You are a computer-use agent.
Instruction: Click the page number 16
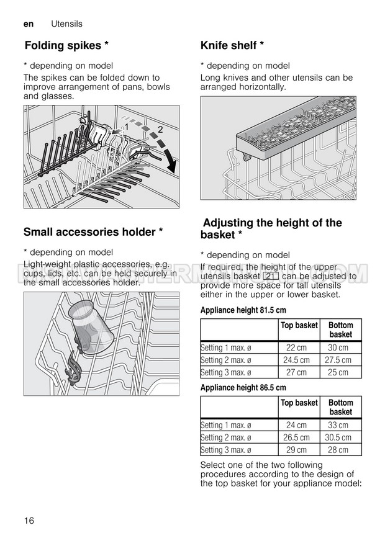click(29, 520)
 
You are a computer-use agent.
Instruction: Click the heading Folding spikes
click(66, 45)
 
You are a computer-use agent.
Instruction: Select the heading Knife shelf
click(232, 45)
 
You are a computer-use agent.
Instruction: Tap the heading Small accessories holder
click(93, 232)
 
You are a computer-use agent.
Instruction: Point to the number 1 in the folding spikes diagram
click(126, 127)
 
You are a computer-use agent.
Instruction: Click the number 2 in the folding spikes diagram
click(160, 130)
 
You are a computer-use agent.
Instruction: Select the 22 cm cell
click(297, 348)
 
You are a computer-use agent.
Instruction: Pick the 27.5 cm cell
click(338, 360)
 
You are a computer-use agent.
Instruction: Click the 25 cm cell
click(338, 372)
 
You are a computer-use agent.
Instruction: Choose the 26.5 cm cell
click(297, 437)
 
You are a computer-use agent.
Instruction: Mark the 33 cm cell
click(338, 425)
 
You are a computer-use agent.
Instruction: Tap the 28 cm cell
click(338, 450)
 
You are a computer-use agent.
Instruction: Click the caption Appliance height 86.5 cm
click(243, 388)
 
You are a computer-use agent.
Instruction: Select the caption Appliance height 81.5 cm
click(243, 310)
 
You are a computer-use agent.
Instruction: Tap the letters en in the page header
click(28, 24)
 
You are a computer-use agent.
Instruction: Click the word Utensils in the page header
click(66, 24)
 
